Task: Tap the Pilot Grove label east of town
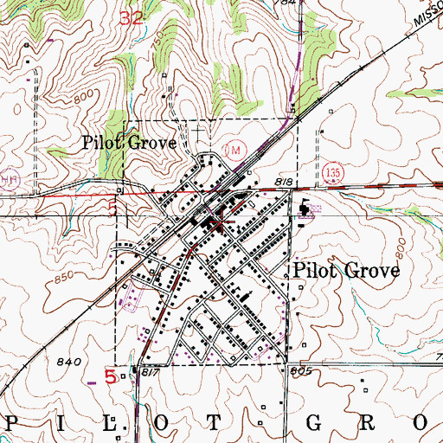(x=347, y=271)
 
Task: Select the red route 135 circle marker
(x=333, y=175)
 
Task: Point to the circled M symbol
(x=232, y=150)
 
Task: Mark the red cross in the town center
(x=222, y=223)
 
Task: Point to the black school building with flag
(x=305, y=209)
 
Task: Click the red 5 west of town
(x=112, y=209)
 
